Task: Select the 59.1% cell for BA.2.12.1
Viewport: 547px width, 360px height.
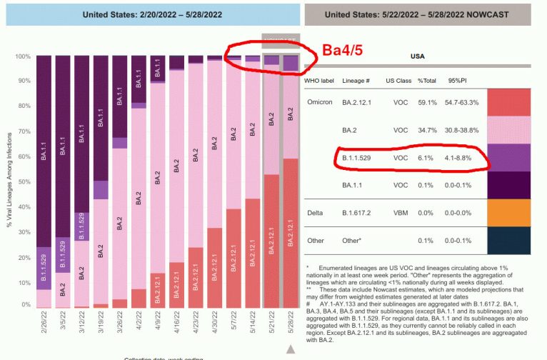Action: pos(427,102)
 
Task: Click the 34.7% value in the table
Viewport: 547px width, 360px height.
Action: pos(427,131)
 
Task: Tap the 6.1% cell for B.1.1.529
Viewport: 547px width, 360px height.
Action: pos(426,158)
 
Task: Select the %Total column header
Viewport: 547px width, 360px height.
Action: pos(427,81)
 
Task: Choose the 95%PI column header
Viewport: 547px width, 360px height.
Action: pos(458,81)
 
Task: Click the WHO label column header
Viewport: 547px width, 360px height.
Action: pos(321,81)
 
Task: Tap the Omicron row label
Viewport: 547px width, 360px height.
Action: pos(320,102)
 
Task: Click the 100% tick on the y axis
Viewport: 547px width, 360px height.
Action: pos(24,56)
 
